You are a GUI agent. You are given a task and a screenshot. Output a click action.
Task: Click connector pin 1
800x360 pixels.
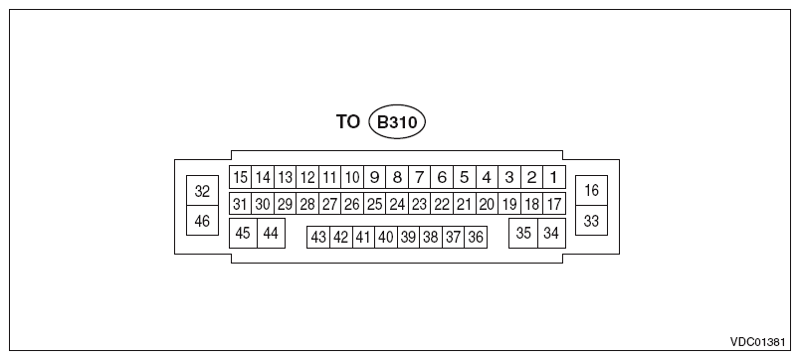[x=554, y=178]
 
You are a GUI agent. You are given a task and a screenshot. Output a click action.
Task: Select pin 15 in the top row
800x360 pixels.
[x=240, y=178]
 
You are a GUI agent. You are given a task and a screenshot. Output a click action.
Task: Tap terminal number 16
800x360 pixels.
[x=591, y=190]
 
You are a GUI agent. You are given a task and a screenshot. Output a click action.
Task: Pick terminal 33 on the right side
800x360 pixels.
[x=591, y=221]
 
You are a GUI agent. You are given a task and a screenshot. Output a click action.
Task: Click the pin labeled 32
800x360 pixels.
[x=202, y=190]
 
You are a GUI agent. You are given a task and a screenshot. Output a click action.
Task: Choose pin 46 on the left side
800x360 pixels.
[x=202, y=221]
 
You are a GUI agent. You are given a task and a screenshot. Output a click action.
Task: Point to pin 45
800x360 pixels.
[x=243, y=233]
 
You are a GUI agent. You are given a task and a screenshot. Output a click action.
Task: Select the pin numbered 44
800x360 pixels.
[x=269, y=233]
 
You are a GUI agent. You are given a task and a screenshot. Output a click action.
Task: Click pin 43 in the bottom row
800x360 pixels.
[x=318, y=237]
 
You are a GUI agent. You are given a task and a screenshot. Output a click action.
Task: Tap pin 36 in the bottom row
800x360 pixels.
[x=476, y=237]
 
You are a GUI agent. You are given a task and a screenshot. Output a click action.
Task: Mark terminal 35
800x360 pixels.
[x=523, y=233]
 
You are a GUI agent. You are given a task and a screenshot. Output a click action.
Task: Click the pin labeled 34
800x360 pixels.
[x=550, y=233]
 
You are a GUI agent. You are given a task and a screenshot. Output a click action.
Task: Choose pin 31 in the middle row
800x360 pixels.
[x=240, y=204]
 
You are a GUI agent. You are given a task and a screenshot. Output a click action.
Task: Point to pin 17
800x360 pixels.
[x=554, y=204]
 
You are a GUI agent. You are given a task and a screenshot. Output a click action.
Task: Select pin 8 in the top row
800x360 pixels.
[x=397, y=178]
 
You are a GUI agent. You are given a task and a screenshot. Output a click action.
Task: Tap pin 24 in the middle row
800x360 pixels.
[x=397, y=204]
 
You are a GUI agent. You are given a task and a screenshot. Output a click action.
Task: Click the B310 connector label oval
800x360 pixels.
[x=397, y=122]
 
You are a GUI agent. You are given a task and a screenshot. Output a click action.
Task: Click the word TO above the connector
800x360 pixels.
[x=347, y=122]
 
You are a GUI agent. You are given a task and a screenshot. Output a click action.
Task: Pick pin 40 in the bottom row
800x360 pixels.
[x=386, y=237]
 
